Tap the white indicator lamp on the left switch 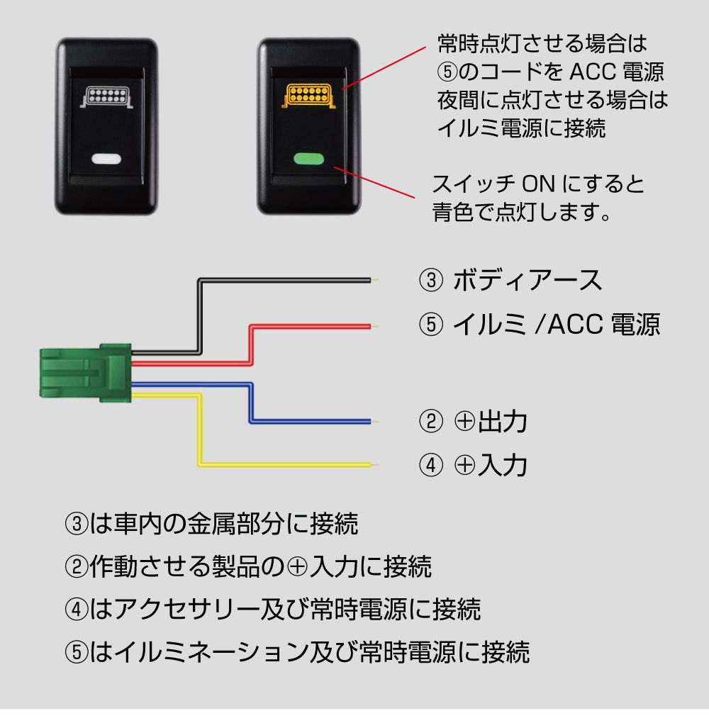pos(106,159)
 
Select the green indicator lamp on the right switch pos(308,159)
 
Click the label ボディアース pos(526,281)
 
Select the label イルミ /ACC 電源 pos(556,325)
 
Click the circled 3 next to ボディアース pos(430,281)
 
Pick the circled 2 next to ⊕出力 pos(430,422)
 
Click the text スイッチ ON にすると pos(538,185)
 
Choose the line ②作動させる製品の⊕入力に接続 pos(248,567)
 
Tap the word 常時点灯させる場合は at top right pos(542,45)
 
